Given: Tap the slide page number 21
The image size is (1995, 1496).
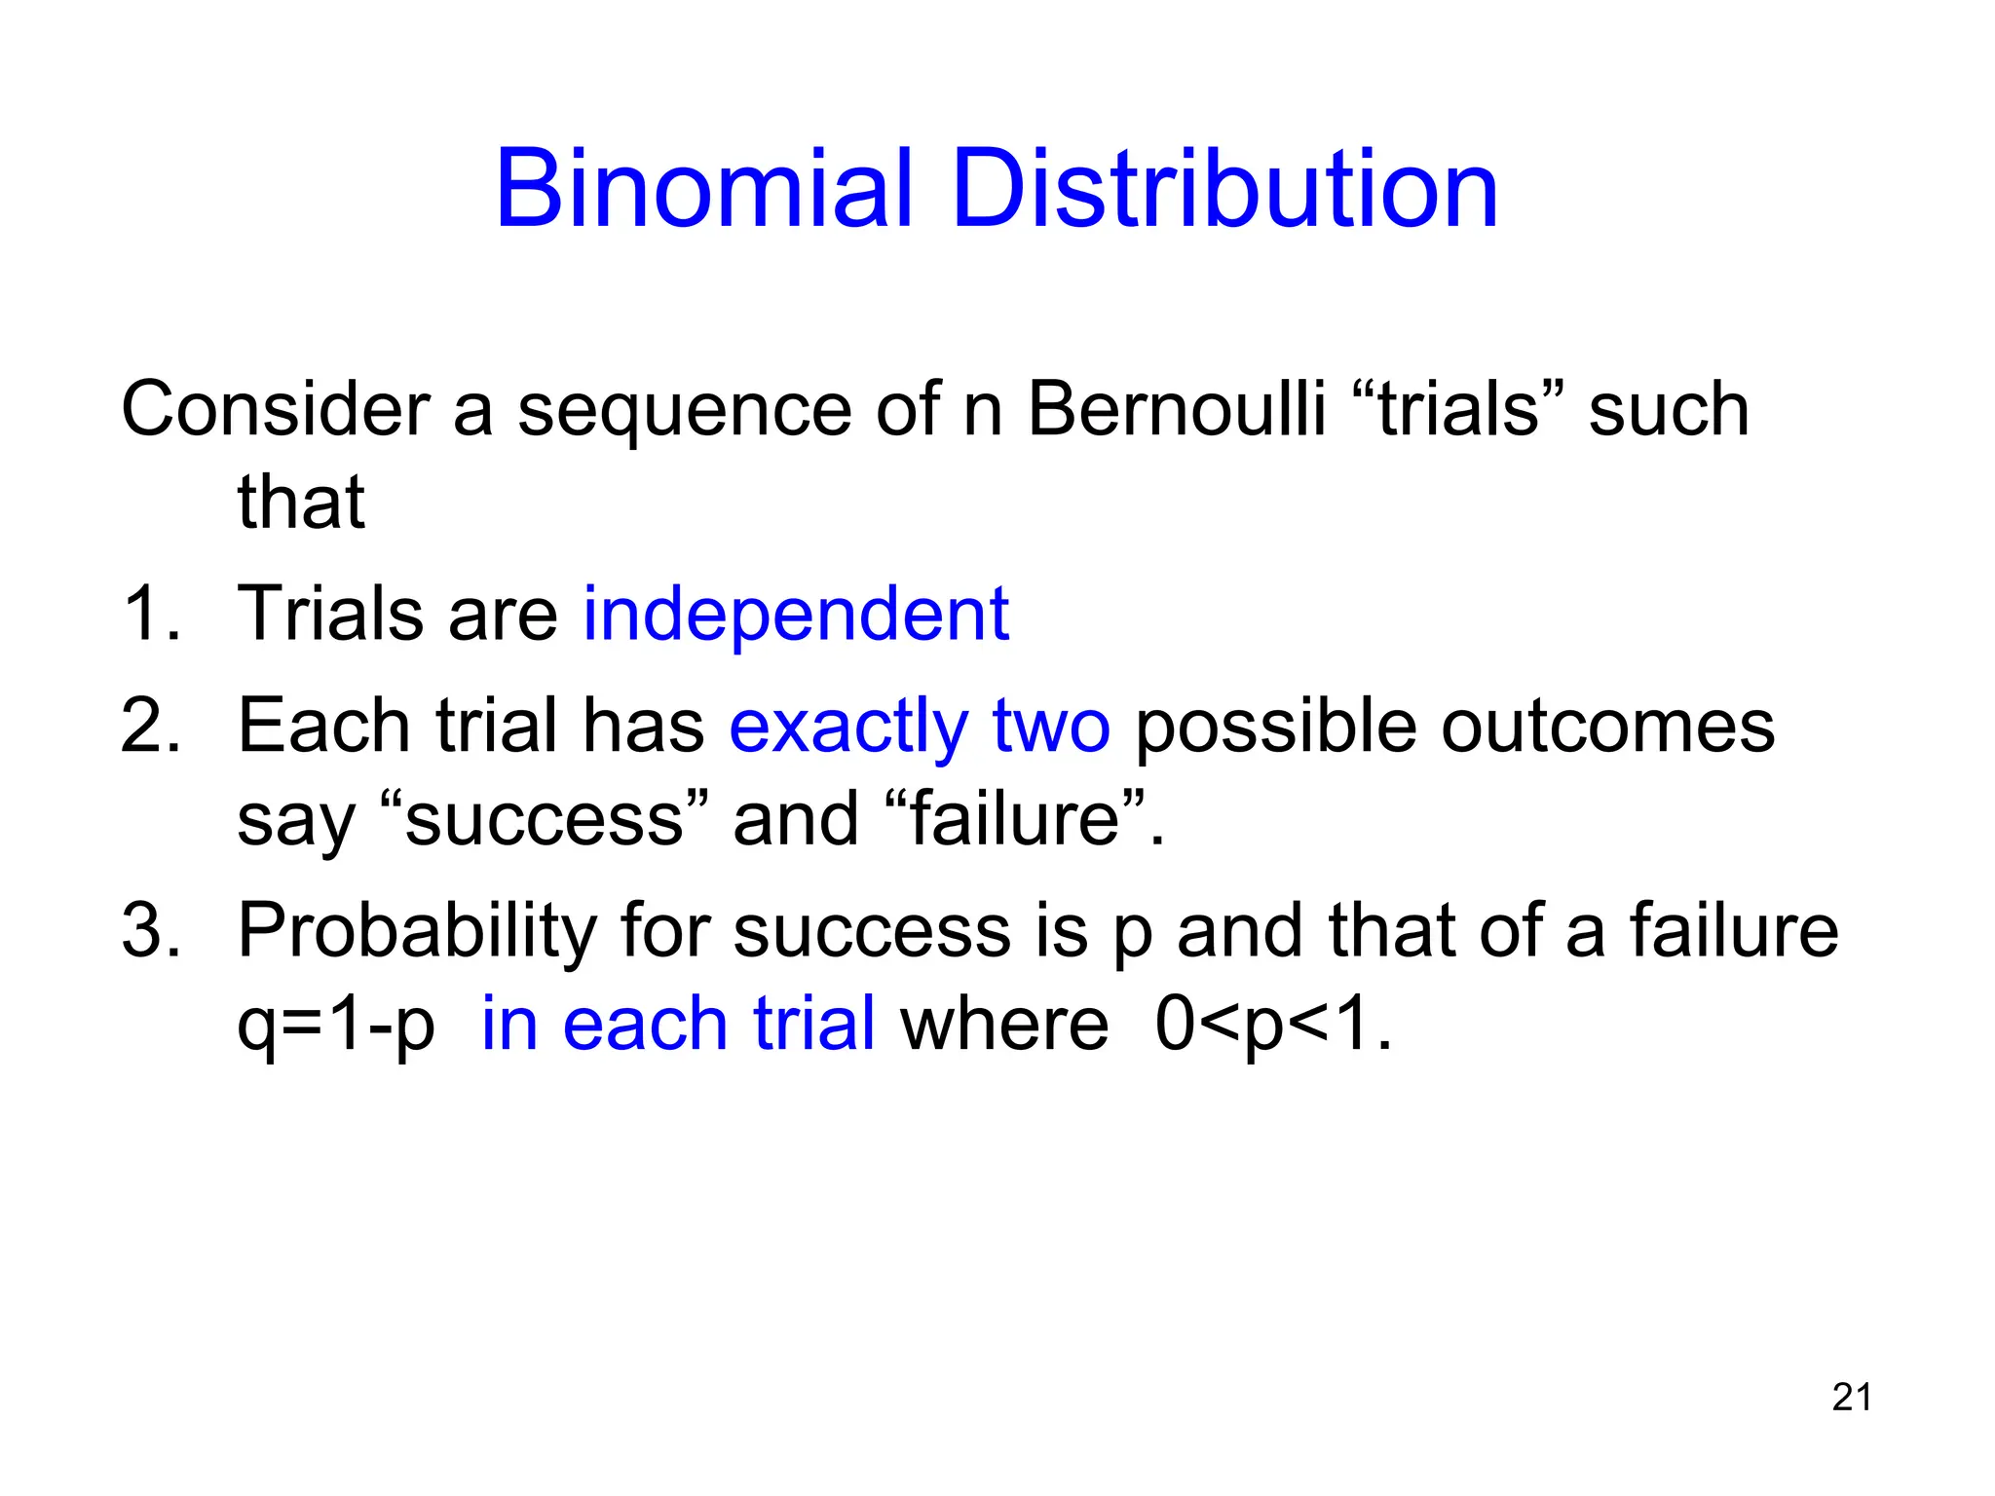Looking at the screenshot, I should [1852, 1398].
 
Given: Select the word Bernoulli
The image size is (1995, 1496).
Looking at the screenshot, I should [1176, 409].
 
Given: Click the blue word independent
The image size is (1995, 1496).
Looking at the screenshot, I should [796, 615].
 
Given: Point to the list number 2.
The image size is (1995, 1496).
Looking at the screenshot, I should [151, 727].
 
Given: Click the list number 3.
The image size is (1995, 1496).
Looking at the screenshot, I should [151, 931].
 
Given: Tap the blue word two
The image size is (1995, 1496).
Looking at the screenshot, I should [1051, 727].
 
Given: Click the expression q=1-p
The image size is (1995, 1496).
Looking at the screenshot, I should [336, 1026].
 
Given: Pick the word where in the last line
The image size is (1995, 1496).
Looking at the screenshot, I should [1004, 1026].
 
